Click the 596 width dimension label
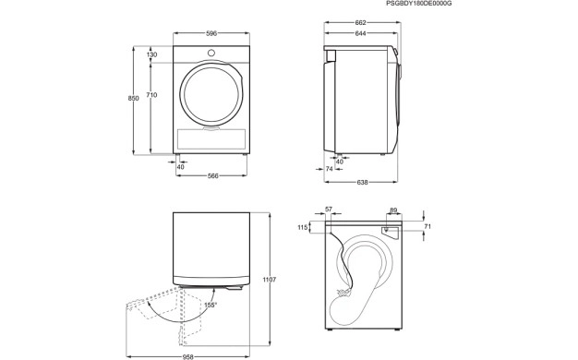pyautogui.click(x=211, y=33)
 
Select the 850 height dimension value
pyautogui.click(x=134, y=99)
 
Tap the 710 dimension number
pyautogui.click(x=151, y=95)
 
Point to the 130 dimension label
pyautogui.click(x=151, y=54)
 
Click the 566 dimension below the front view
pyautogui.click(x=212, y=176)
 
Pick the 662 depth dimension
pyautogui.click(x=360, y=23)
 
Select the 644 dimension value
pyautogui.click(x=360, y=33)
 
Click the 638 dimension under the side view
pyautogui.click(x=362, y=182)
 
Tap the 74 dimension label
pyautogui.click(x=330, y=169)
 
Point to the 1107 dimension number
pyautogui.click(x=269, y=280)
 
